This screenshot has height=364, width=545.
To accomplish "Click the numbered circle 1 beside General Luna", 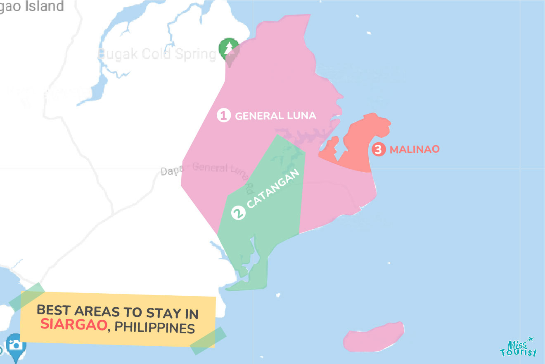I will pyautogui.click(x=223, y=115).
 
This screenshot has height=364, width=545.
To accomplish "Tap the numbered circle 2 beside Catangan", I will pyautogui.click(x=239, y=213).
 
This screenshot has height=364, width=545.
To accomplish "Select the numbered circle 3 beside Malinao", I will pyautogui.click(x=377, y=149).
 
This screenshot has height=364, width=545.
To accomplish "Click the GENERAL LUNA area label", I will pyautogui.click(x=275, y=115).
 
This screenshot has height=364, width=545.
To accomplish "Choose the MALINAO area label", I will pyautogui.click(x=415, y=149).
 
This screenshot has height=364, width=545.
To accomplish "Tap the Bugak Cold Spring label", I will pyautogui.click(x=157, y=54).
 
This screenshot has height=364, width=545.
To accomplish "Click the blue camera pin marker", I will pyautogui.click(x=16, y=345).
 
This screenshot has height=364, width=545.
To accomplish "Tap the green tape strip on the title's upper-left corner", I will pyautogui.click(x=27, y=297).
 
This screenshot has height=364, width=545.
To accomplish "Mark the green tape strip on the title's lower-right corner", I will pyautogui.click(x=209, y=341).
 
